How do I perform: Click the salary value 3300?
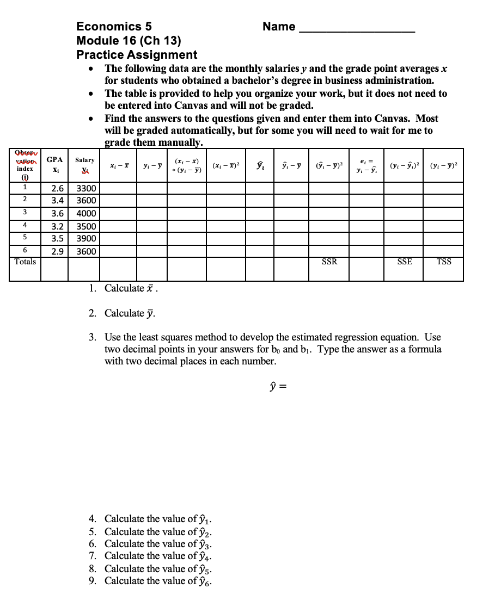tap(86, 189)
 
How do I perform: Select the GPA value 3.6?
tap(57, 214)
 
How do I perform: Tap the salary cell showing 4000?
tap(86, 214)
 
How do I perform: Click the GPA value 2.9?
tap(57, 252)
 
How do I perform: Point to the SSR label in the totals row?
tap(329, 262)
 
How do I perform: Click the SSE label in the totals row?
tap(405, 262)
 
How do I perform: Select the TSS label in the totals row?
tap(444, 262)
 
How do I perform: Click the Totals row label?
tap(25, 262)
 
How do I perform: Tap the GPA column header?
tap(54, 160)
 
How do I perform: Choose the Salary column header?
tap(84, 160)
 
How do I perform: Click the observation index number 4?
tap(25, 225)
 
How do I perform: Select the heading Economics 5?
tap(114, 26)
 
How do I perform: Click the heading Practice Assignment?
tap(137, 54)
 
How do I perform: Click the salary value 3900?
tap(86, 239)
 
